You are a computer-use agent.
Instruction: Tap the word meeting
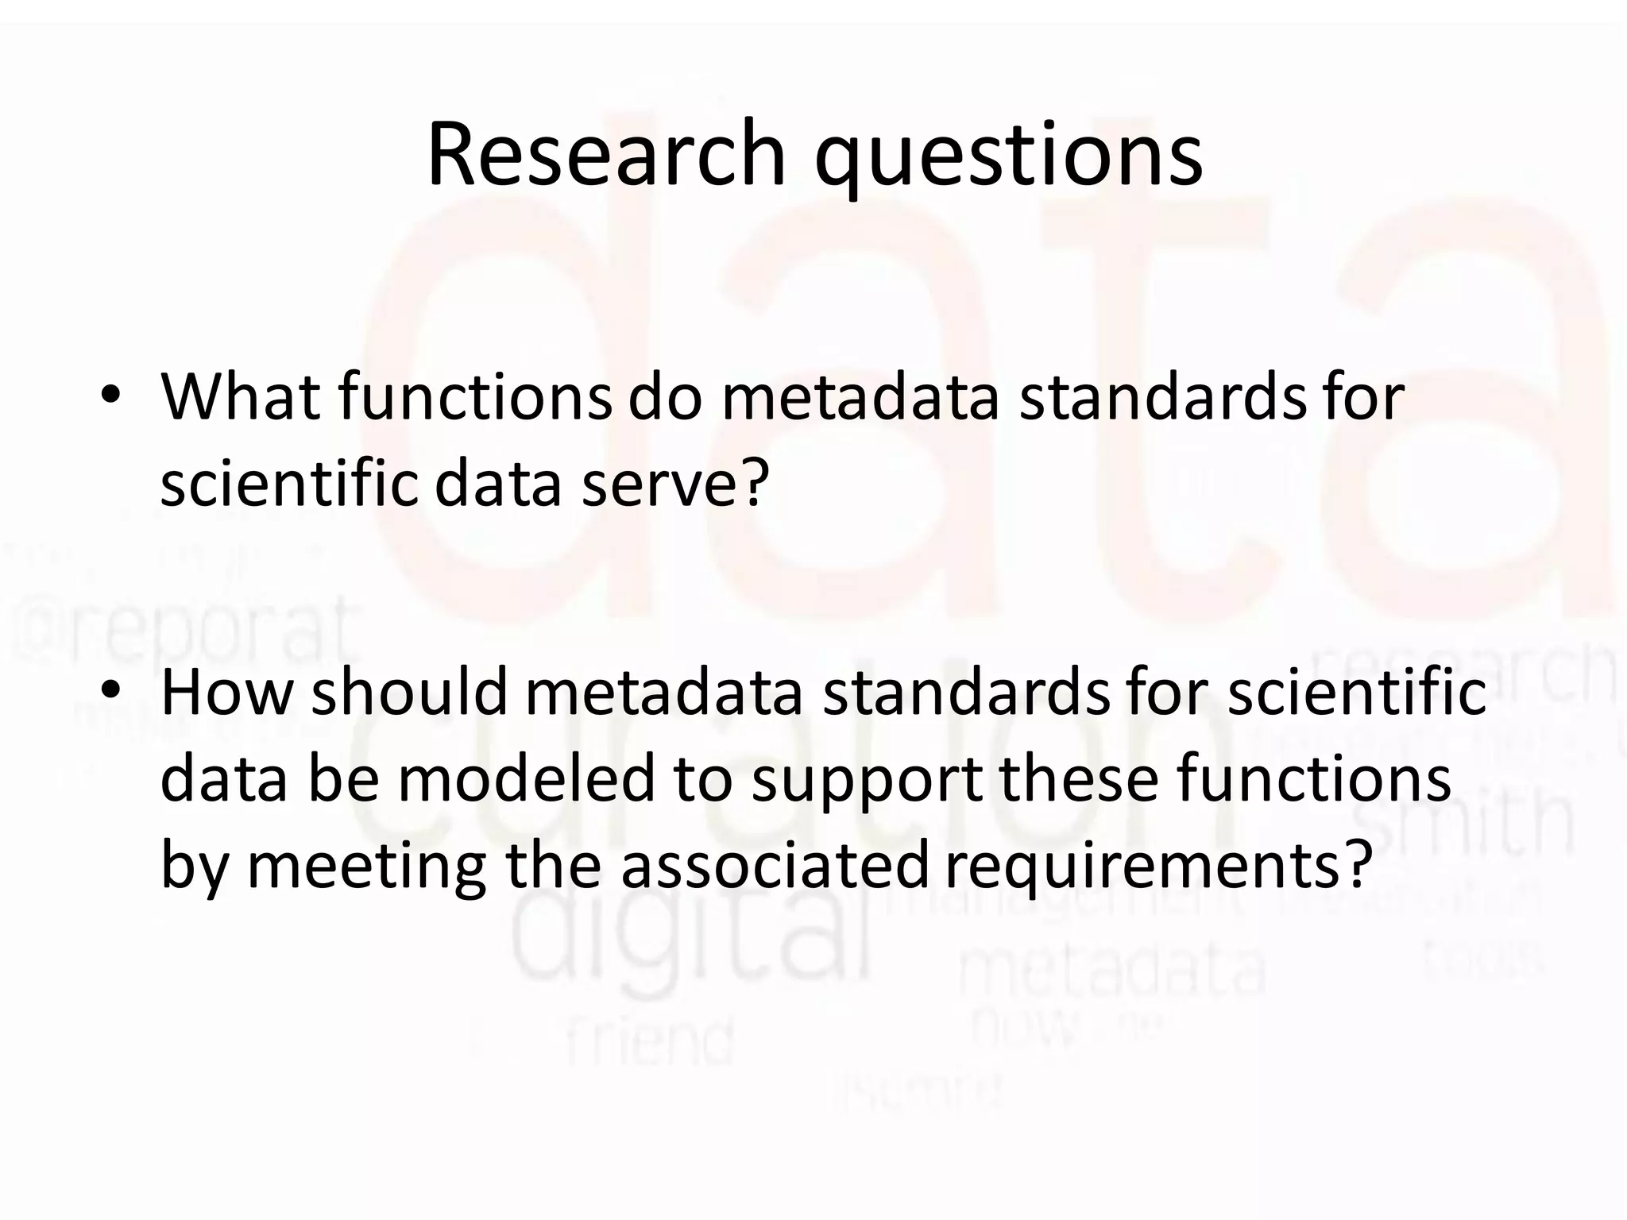click(x=366, y=866)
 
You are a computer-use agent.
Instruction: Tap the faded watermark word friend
click(x=650, y=1040)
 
